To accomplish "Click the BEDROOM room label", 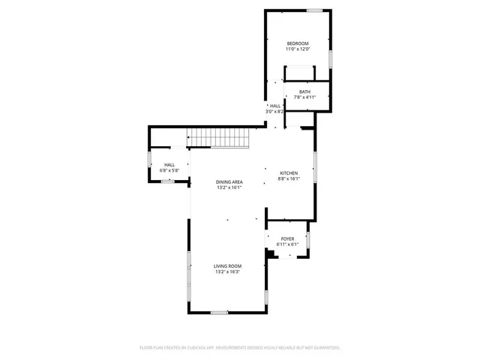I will point(298,44).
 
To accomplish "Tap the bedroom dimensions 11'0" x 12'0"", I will point(298,49).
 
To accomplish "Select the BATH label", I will point(304,91).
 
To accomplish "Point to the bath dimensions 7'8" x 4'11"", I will point(304,97).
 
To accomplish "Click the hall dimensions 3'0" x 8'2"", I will point(275,112).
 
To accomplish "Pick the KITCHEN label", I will point(289,172).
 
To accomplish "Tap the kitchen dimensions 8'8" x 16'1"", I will point(289,178).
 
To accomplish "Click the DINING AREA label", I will point(229,182).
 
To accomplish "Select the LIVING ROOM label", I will point(227,266).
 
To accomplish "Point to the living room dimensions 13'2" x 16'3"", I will point(227,271).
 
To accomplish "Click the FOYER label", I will point(288,238).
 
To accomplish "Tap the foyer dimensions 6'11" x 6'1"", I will point(288,244).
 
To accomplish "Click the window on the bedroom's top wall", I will point(316,10).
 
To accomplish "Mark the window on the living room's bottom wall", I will point(218,312).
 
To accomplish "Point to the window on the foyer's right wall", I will point(308,240).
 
